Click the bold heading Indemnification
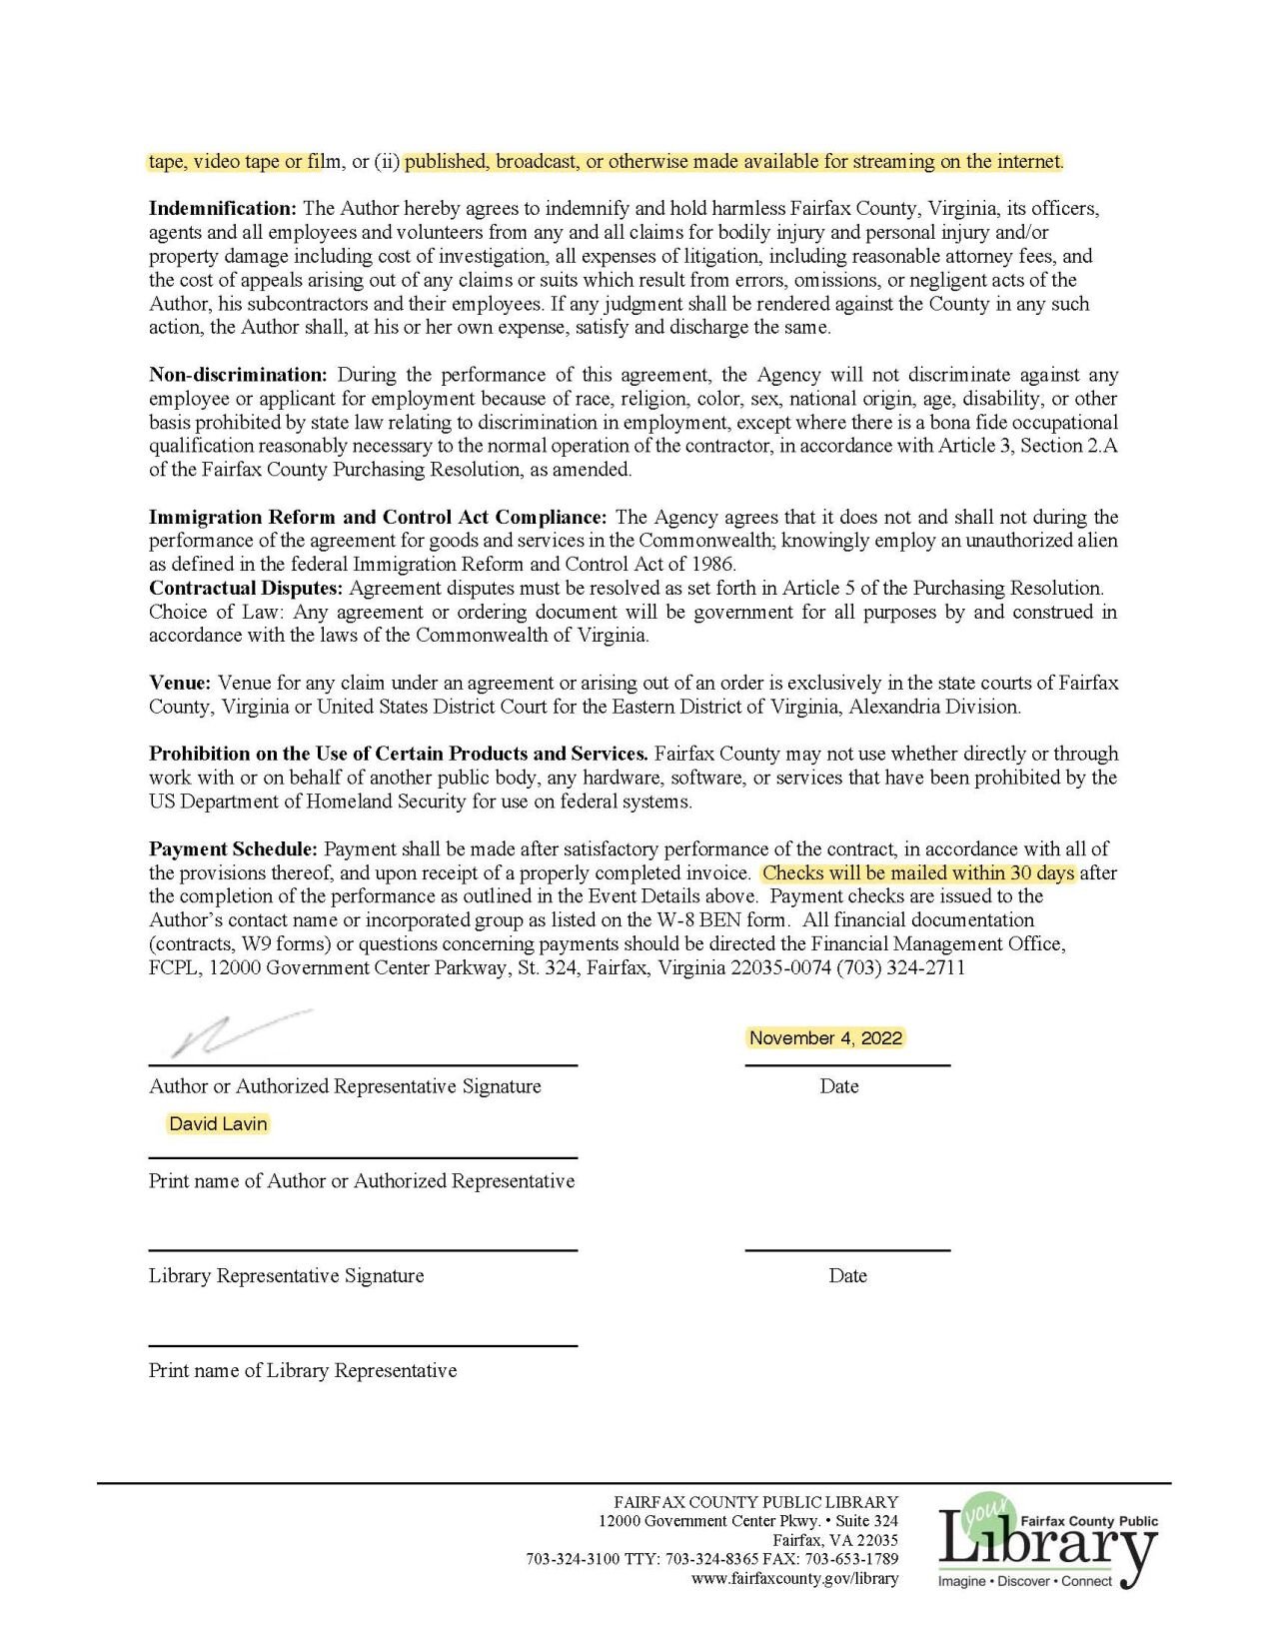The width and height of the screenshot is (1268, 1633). tap(223, 209)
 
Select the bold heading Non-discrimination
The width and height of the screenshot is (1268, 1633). tap(238, 375)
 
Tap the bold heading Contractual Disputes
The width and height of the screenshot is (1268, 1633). tap(246, 588)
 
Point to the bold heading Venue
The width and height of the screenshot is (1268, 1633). tap(180, 683)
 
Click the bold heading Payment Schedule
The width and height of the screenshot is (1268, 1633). tap(233, 848)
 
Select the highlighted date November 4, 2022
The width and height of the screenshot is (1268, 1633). tap(825, 1038)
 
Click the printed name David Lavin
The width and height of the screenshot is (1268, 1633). tap(218, 1123)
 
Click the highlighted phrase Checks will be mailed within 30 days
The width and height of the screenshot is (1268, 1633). tap(918, 872)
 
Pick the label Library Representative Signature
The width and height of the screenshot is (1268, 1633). tap(286, 1275)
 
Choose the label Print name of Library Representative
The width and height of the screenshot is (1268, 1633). tap(303, 1370)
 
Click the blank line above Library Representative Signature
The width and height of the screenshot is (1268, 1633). tap(363, 1249)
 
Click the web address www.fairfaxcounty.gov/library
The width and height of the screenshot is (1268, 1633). tap(794, 1578)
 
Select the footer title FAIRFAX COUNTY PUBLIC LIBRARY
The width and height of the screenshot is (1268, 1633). tap(755, 1501)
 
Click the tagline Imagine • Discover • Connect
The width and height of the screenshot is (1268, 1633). tap(1024, 1581)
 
